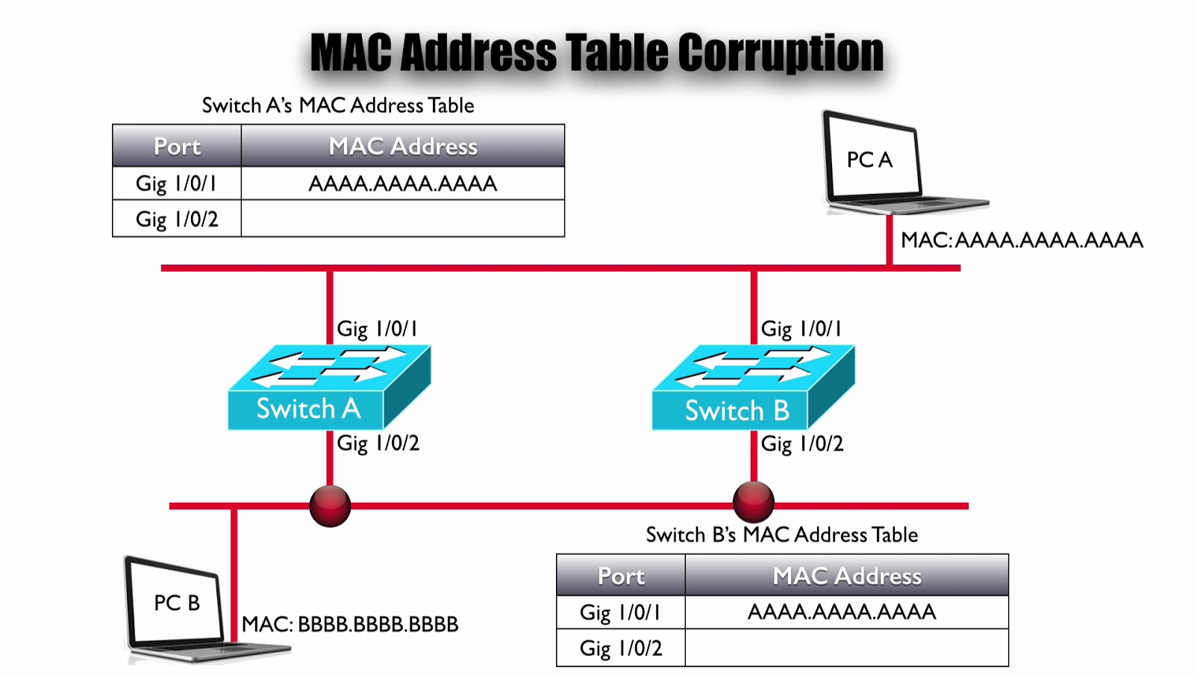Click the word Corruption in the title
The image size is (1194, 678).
(781, 53)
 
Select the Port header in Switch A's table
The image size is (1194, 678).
(177, 146)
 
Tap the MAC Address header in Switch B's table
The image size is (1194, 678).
(847, 575)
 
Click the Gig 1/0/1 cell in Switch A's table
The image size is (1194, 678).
(177, 184)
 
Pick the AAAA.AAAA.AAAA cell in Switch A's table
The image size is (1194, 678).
(403, 184)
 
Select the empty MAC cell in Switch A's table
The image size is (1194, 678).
(403, 219)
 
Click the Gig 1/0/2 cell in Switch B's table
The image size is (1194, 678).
(621, 648)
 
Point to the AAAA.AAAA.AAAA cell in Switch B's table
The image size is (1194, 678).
(847, 612)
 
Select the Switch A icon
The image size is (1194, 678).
(329, 388)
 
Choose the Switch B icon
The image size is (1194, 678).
(754, 388)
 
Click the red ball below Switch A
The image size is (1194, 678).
(330, 506)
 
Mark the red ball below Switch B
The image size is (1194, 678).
(754, 502)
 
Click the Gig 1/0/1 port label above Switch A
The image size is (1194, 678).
(378, 329)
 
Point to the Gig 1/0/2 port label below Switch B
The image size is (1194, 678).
(802, 444)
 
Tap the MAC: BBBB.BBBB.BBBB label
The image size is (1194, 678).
(350, 624)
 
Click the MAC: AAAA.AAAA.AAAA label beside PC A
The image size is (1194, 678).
(1022, 240)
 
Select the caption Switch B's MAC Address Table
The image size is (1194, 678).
(782, 535)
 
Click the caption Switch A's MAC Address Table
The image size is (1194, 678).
(338, 105)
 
